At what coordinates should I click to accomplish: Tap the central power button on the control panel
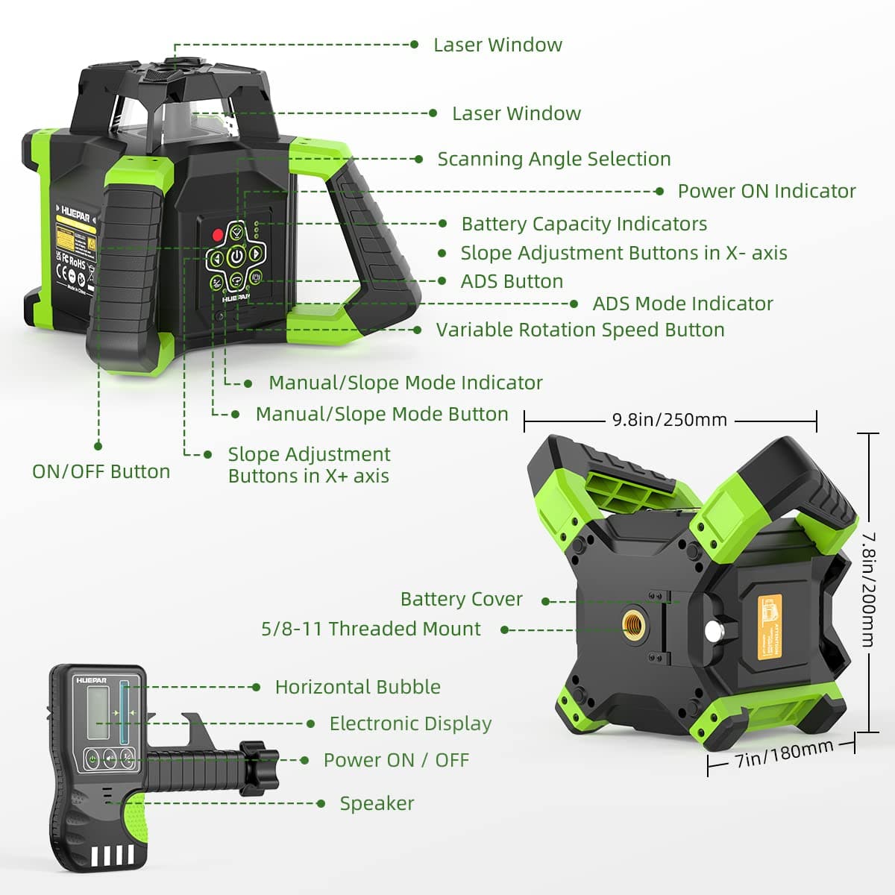236,257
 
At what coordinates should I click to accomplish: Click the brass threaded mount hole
634,621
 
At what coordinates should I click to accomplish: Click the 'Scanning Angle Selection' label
553,159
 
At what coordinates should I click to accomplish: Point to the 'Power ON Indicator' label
766,191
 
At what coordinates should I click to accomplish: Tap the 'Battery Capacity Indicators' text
583,224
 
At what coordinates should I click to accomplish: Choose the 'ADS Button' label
512,281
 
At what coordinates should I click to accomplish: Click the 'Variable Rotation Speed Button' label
580,330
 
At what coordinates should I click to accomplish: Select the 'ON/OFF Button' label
101,471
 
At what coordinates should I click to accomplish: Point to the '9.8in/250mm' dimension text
669,420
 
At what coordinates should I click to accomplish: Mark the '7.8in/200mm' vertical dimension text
869,589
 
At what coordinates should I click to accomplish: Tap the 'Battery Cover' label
461,599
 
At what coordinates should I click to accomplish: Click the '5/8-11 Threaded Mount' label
371,629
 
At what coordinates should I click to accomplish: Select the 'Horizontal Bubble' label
357,687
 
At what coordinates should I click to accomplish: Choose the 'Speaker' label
377,803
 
